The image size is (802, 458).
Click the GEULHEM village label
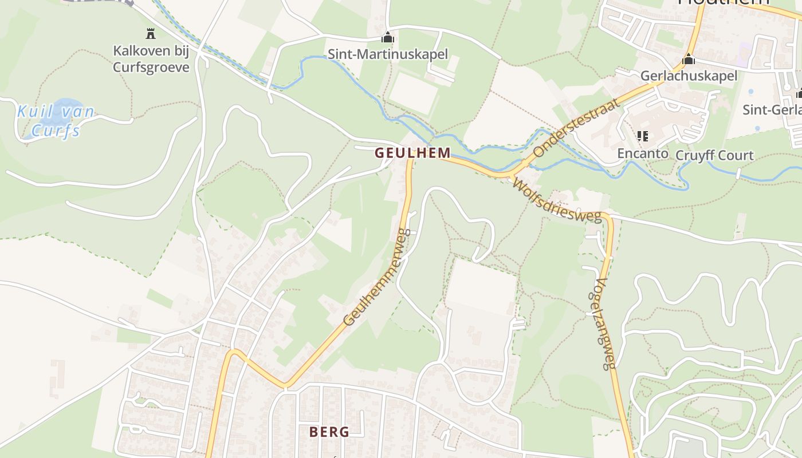412,153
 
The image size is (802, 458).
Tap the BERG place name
329,432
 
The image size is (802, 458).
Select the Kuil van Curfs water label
56,121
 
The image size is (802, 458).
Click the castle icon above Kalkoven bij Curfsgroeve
151,34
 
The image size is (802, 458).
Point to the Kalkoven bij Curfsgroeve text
151,59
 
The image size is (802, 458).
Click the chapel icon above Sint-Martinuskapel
388,38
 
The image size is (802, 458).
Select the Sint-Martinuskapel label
388,55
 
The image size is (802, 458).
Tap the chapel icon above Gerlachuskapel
689,59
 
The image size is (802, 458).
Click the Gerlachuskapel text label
689,76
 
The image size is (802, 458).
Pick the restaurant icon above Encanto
642,136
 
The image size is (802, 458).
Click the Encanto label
642,153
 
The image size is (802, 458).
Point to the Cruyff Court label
714,156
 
